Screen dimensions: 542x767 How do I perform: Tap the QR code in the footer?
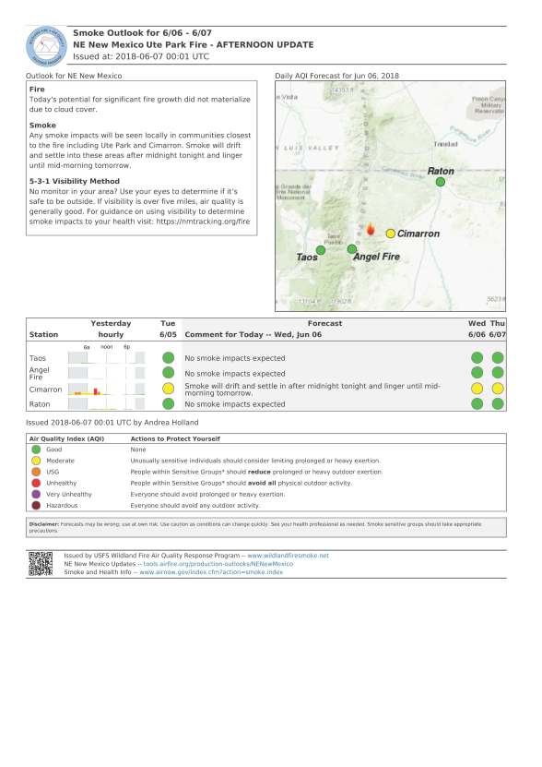tap(41, 563)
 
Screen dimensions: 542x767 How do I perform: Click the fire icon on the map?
tap(371, 229)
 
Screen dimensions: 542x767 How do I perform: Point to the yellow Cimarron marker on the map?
tap(391, 234)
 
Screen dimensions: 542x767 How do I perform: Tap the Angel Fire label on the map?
tap(377, 257)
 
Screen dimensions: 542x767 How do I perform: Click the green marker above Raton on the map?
tap(441, 182)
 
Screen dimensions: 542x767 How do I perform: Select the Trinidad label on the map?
tap(445, 145)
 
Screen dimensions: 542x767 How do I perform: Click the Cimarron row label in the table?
tap(46, 389)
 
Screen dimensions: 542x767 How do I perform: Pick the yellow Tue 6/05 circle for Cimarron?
tap(168, 389)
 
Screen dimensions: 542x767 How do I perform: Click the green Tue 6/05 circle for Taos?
tap(168, 357)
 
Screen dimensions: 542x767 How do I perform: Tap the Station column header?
tap(43, 334)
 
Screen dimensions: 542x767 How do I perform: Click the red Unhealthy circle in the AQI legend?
tap(35, 482)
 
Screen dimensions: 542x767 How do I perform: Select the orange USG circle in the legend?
tap(35, 471)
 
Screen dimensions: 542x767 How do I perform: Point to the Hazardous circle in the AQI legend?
tap(35, 505)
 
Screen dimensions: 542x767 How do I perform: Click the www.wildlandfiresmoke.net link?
tap(288, 556)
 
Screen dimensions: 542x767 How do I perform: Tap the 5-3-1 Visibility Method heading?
tap(75, 181)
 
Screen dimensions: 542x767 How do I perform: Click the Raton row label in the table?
tap(40, 404)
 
